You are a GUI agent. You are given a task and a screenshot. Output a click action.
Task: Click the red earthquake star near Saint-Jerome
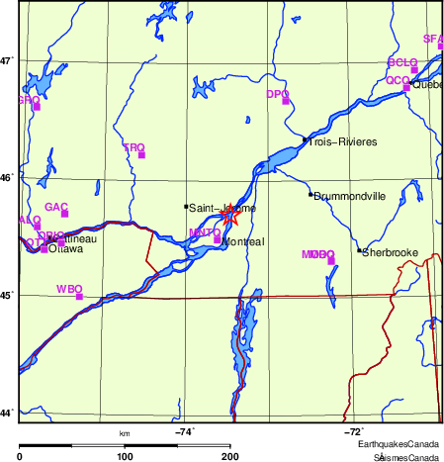pyautogui.click(x=229, y=213)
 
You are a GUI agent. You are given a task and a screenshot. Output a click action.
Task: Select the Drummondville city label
pyautogui.click(x=349, y=196)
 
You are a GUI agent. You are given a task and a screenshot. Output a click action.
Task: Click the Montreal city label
pyautogui.click(x=243, y=241)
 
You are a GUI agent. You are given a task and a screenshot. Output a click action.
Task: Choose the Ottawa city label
pyautogui.click(x=65, y=249)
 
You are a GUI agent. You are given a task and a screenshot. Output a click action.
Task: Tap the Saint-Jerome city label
pyautogui.click(x=222, y=208)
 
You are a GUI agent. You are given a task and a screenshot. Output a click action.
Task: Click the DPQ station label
pyautogui.click(x=277, y=94)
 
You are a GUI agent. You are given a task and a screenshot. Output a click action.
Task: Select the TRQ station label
pyautogui.click(x=133, y=147)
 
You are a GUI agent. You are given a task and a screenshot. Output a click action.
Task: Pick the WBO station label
pyautogui.click(x=69, y=289)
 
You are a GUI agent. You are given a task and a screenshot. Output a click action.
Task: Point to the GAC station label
pyautogui.click(x=56, y=207)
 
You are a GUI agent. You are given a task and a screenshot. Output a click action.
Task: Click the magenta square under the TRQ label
pyautogui.click(x=141, y=154)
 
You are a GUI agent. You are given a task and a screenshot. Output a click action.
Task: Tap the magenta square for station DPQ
pyautogui.click(x=286, y=101)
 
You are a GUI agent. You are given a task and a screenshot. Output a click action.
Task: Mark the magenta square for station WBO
pyautogui.click(x=79, y=296)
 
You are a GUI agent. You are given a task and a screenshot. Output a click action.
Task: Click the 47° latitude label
pyautogui.click(x=6, y=60)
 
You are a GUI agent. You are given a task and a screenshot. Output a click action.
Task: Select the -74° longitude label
pyautogui.click(x=185, y=431)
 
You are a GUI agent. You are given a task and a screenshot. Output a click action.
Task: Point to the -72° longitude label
pyautogui.click(x=353, y=431)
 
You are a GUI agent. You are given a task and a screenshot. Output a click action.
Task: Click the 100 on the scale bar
pyautogui.click(x=125, y=456)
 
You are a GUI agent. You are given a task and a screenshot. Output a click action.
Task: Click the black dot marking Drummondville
pyautogui.click(x=311, y=194)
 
